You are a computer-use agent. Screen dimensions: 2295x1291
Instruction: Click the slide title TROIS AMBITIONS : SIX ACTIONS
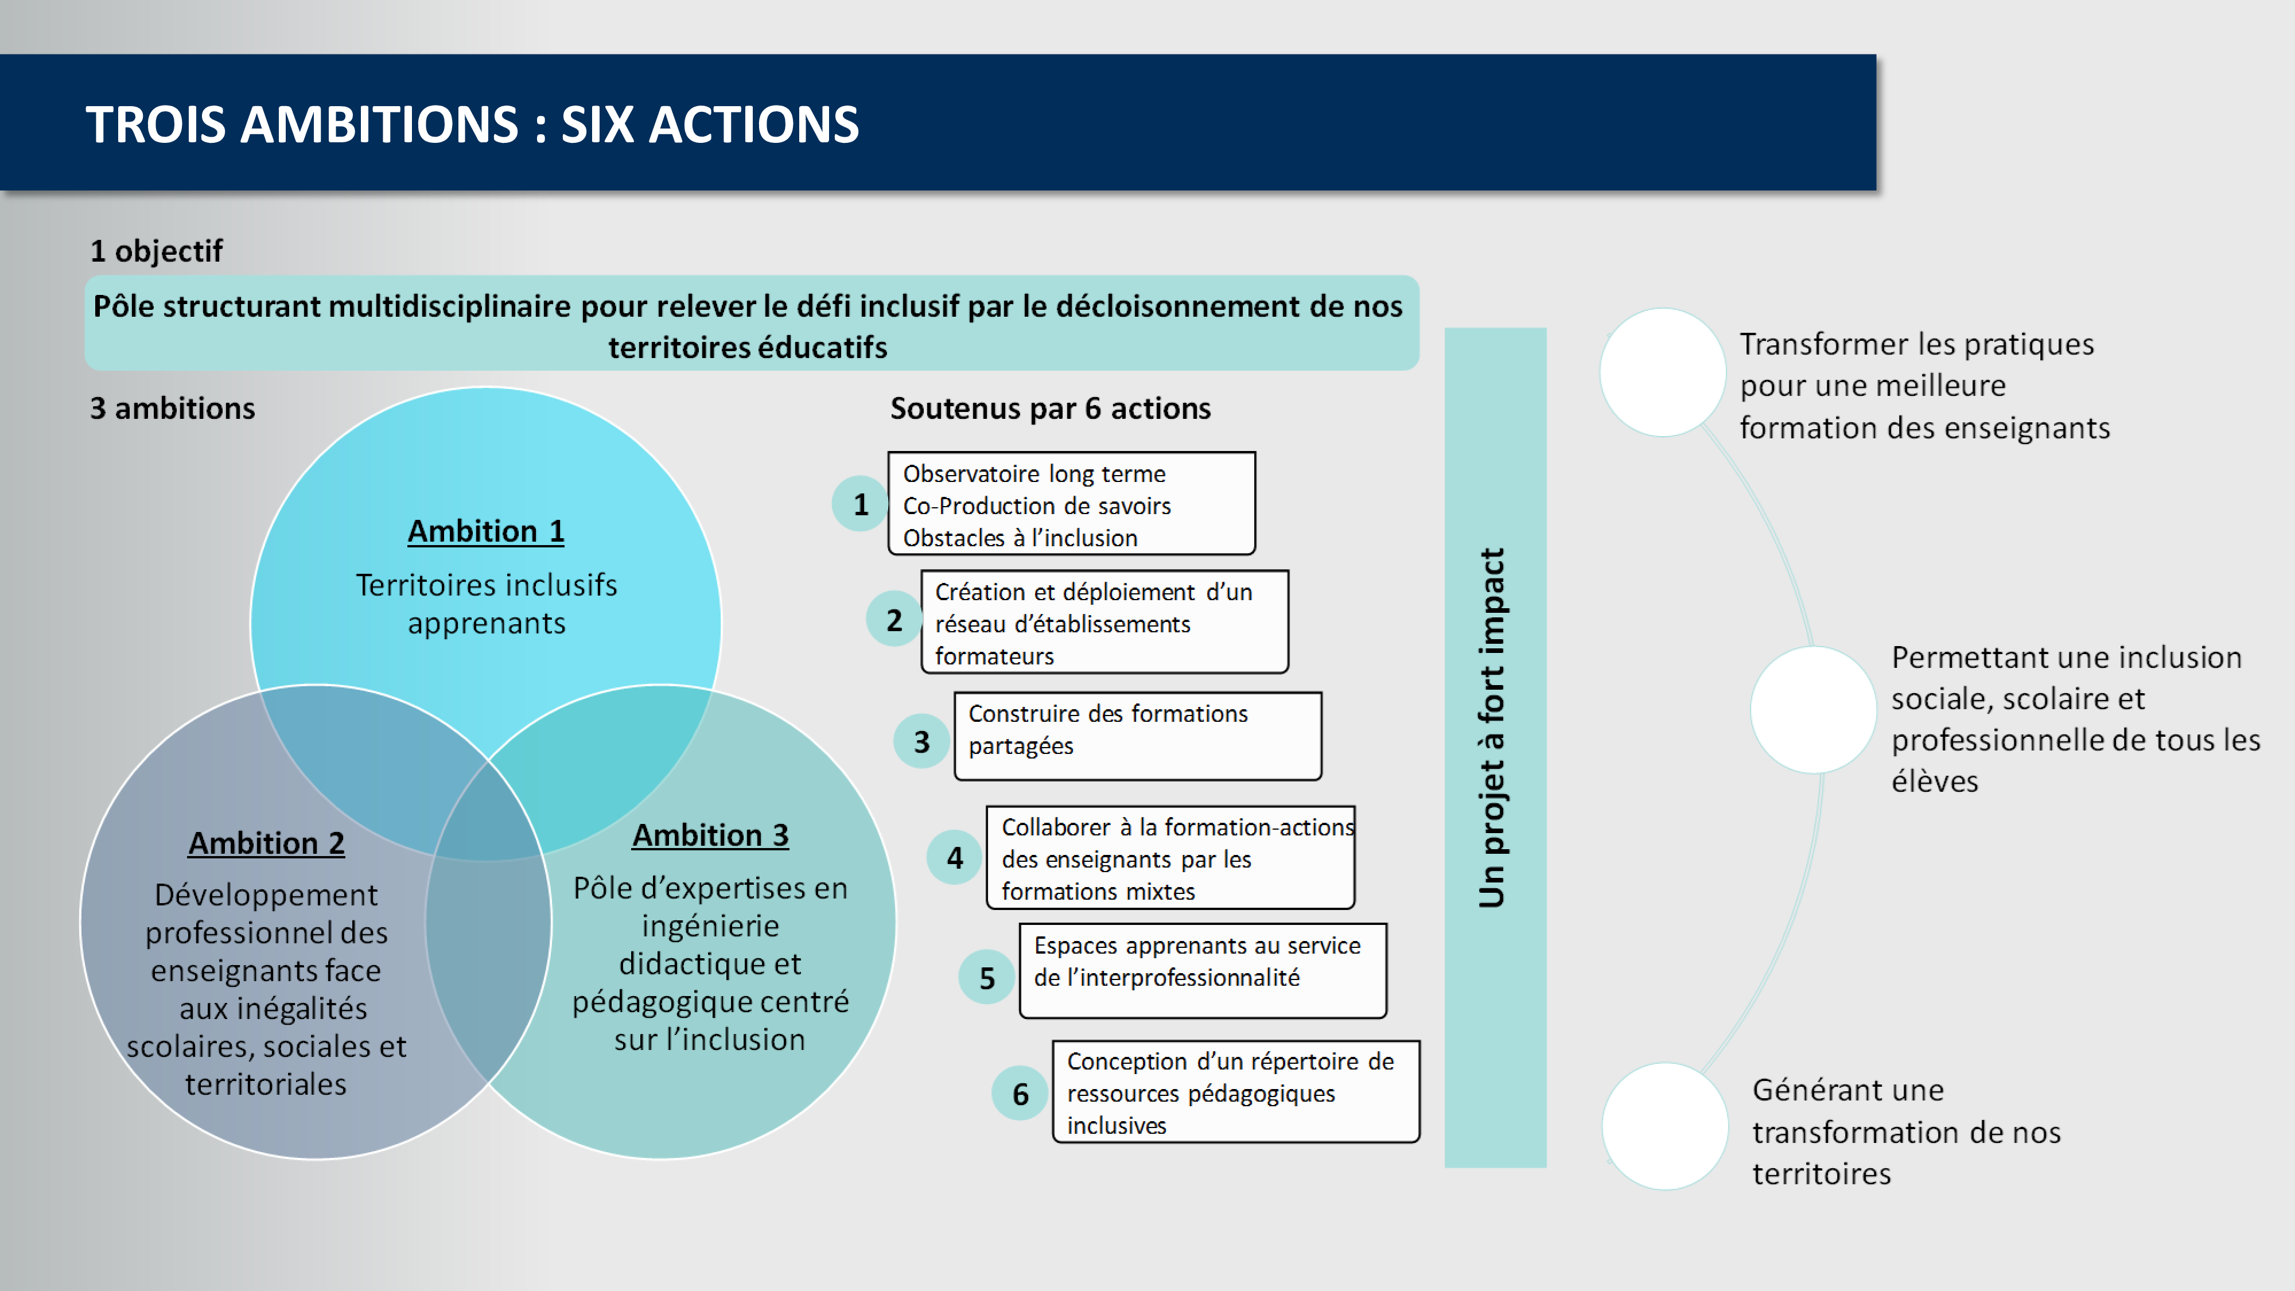click(472, 124)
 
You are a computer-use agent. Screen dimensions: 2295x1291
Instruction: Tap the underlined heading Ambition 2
click(266, 843)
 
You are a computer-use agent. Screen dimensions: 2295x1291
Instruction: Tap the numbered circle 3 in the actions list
click(921, 741)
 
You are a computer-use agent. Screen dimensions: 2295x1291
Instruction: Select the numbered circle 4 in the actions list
click(954, 857)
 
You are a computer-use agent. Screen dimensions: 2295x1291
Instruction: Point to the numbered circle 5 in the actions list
click(986, 977)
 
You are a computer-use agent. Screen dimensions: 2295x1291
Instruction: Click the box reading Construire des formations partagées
click(1138, 736)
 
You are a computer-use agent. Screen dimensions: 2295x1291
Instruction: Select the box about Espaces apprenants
click(1203, 970)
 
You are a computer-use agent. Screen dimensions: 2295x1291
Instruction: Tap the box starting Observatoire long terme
click(1072, 503)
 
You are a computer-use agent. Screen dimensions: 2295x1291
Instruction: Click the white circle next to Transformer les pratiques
click(1663, 372)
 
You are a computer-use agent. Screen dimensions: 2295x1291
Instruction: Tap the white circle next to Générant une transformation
click(1665, 1125)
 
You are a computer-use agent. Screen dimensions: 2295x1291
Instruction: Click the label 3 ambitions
click(173, 408)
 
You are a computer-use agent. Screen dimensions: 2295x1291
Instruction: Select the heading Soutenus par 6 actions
click(1051, 408)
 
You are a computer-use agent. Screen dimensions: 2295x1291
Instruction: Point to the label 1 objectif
click(156, 251)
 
